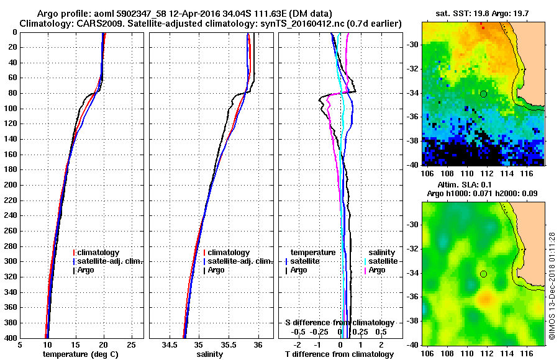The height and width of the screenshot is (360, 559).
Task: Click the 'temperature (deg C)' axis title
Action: [x=81, y=354]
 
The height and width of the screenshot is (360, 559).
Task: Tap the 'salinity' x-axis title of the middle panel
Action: [x=211, y=354]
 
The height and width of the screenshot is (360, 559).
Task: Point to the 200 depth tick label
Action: [x=11, y=185]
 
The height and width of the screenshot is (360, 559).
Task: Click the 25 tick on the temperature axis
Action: [x=131, y=344]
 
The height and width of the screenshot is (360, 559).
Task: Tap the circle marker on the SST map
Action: [x=483, y=94]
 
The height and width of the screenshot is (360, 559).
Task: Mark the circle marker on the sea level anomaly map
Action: [x=483, y=274]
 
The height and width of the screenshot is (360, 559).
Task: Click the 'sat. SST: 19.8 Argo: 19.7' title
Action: [x=483, y=13]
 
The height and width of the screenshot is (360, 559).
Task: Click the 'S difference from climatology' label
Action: [x=340, y=323]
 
